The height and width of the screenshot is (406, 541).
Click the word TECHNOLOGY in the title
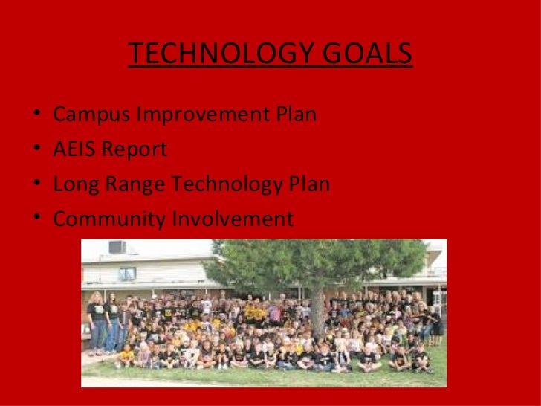215,54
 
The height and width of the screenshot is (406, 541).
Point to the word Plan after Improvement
297,115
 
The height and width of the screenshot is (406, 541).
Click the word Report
135,149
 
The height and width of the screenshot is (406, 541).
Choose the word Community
109,219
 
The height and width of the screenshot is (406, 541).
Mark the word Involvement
233,219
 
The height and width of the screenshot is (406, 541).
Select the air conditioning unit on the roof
117,247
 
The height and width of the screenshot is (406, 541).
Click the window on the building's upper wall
128,274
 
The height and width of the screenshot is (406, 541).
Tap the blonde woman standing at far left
97,320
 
